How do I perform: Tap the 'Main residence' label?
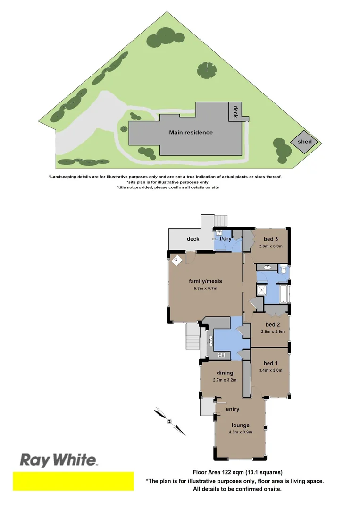point(191,133)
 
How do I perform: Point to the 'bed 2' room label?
point(273,324)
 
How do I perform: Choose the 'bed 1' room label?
point(271,363)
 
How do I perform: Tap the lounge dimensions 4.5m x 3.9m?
point(241,432)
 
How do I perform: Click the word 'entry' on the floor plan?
point(233,409)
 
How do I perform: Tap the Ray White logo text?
point(58,460)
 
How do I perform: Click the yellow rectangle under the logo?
point(73,481)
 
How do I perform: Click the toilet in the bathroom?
point(283,270)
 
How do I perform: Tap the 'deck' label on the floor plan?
point(193,239)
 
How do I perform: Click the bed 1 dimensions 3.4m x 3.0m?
point(271,370)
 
